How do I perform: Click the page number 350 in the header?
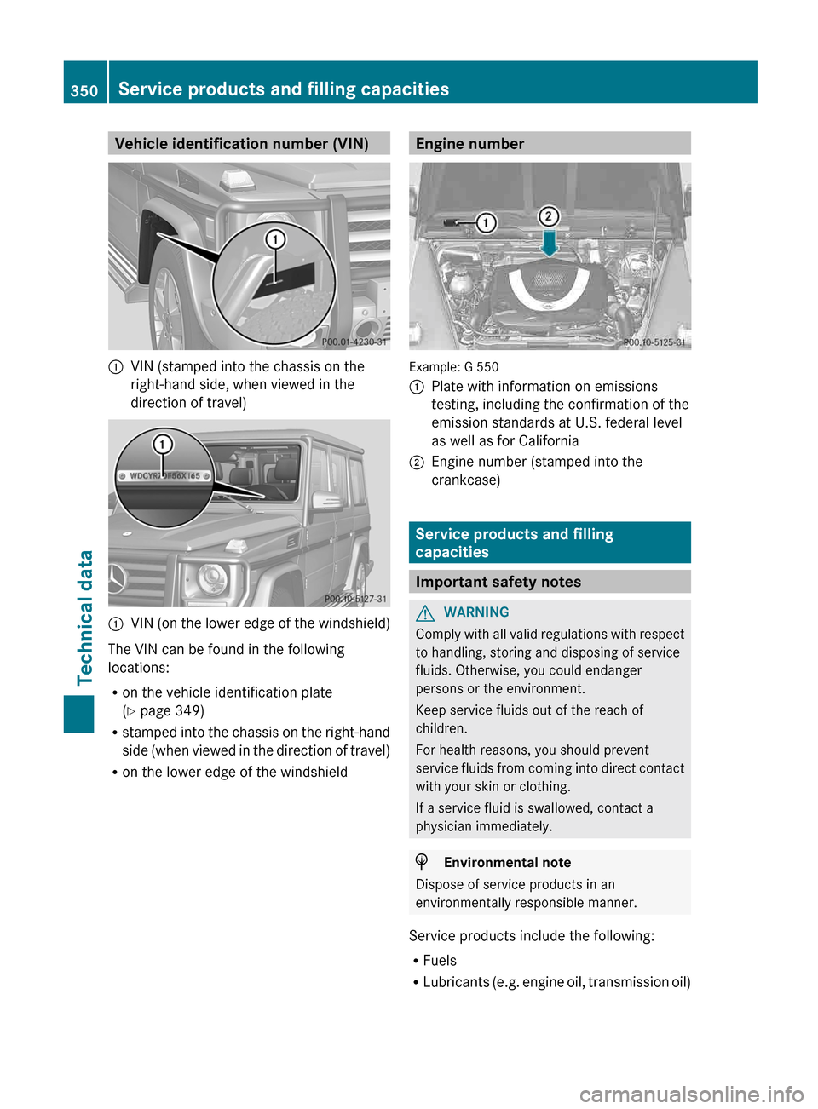(x=84, y=90)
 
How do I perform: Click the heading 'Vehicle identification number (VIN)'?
(x=241, y=144)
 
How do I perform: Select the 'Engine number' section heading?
(x=469, y=144)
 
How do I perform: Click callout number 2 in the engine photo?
(x=549, y=216)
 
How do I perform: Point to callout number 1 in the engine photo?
(x=486, y=223)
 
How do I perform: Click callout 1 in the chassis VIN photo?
(x=275, y=239)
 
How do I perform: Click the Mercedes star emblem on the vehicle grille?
(x=117, y=580)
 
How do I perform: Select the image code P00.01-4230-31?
(x=354, y=342)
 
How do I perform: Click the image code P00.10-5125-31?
(x=654, y=342)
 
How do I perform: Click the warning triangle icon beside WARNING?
(x=425, y=612)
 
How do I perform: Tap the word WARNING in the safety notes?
(x=476, y=612)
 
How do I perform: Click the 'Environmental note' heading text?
(x=507, y=863)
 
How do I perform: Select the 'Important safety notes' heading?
(x=498, y=582)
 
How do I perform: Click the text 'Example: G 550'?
(x=454, y=367)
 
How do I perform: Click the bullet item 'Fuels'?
(x=440, y=961)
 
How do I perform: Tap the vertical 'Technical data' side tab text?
(x=85, y=618)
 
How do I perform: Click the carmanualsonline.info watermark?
(x=691, y=1094)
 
